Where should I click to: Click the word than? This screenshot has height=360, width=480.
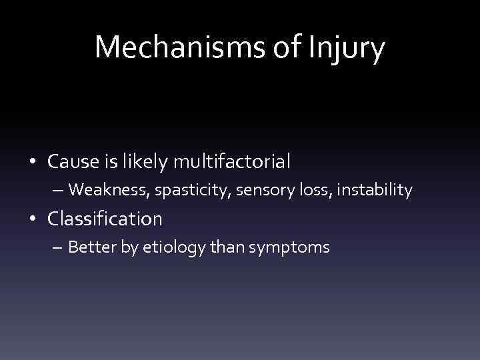click(x=226, y=248)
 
